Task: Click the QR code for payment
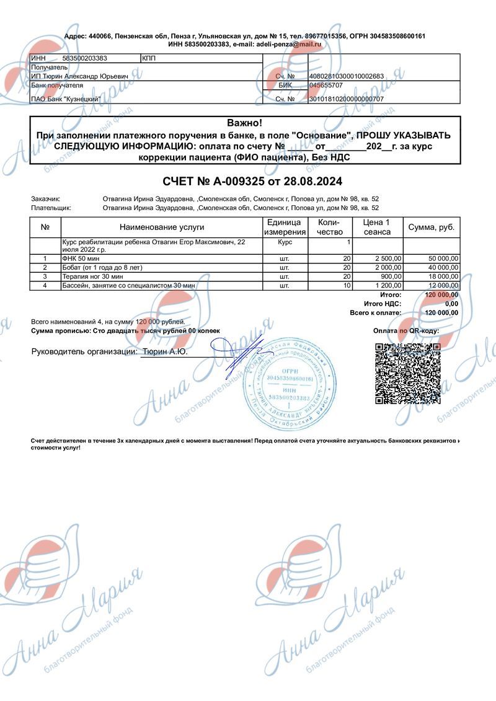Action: click(x=406, y=373)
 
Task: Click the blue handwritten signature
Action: click(x=239, y=356)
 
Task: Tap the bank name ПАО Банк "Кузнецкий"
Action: click(x=66, y=99)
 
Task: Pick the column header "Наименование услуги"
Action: click(x=162, y=227)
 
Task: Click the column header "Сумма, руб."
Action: click(x=432, y=227)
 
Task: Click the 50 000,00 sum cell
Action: click(x=443, y=258)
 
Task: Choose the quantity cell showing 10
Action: click(x=347, y=285)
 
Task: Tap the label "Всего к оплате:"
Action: click(x=376, y=313)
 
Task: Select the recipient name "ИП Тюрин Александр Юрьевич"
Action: click(x=79, y=76)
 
